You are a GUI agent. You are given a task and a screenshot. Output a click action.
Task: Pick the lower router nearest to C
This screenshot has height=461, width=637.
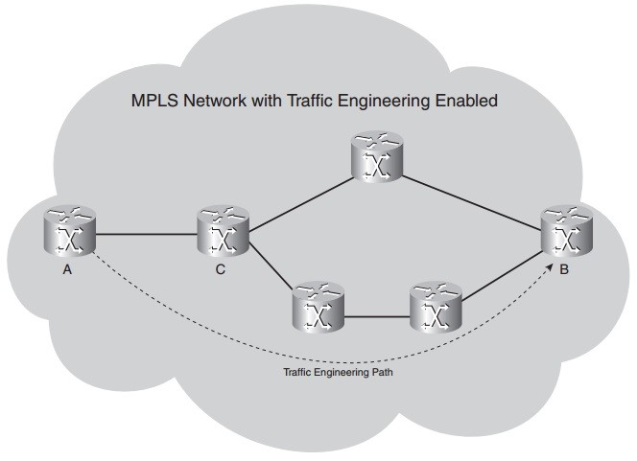[x=319, y=308]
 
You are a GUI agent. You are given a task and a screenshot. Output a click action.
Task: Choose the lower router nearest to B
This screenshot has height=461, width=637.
[x=436, y=308]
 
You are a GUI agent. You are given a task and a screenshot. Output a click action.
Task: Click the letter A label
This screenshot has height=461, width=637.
[x=68, y=269]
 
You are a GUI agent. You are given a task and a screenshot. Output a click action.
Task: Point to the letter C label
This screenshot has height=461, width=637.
[x=221, y=269]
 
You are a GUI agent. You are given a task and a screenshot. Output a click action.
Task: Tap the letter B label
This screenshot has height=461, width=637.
[x=564, y=269]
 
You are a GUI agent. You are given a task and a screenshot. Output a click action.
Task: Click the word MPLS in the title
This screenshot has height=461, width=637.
[x=155, y=101]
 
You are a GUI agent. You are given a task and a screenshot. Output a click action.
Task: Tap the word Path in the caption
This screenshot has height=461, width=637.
[x=381, y=373]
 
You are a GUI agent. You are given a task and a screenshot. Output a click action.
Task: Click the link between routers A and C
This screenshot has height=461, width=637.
[x=146, y=234]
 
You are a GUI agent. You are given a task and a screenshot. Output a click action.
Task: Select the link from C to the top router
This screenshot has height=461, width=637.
[x=299, y=197]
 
